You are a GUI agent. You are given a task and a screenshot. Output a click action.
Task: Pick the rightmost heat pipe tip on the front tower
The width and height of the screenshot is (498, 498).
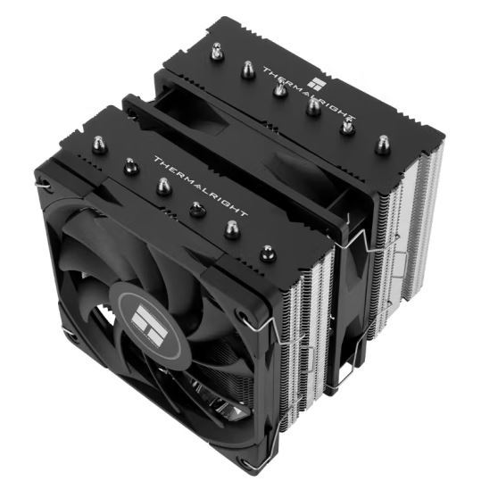266,253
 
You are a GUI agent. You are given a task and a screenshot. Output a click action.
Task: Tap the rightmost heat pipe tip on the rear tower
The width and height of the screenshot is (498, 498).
382,142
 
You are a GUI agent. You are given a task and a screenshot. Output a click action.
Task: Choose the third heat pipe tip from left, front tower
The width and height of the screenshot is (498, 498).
164,185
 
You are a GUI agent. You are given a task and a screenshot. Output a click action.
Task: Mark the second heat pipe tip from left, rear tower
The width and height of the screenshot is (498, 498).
246,70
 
